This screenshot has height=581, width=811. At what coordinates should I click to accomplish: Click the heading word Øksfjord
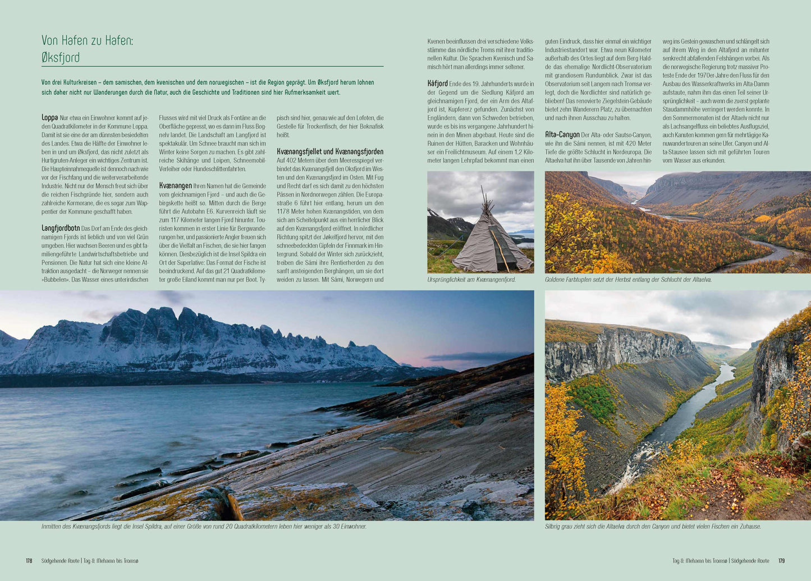(61, 57)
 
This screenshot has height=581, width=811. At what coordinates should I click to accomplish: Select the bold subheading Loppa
(49, 118)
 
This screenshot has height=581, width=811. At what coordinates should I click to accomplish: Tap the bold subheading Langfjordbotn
(61, 228)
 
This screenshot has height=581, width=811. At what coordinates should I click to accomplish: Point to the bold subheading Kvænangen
(175, 186)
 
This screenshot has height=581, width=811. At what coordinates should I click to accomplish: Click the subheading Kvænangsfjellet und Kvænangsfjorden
(330, 152)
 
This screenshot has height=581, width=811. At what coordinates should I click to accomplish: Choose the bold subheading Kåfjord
(437, 84)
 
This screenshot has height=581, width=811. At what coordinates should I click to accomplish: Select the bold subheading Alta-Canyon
(562, 135)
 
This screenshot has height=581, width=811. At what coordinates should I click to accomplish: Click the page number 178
(29, 561)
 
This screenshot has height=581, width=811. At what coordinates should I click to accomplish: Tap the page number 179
(781, 561)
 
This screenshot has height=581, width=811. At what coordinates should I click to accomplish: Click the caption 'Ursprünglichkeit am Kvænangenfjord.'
(471, 280)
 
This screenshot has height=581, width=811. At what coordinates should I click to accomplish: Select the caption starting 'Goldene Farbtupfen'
(628, 280)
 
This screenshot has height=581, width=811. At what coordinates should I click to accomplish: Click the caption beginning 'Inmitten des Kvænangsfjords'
(204, 527)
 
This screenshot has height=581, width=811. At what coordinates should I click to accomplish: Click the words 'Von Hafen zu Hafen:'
(87, 40)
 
